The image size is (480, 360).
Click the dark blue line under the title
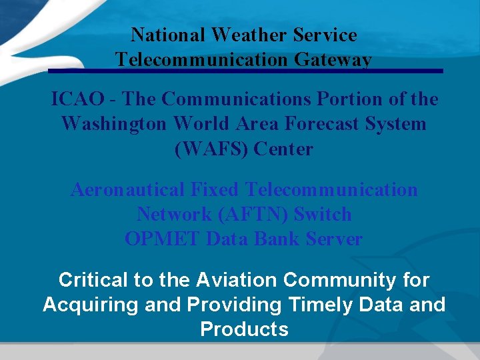[x=245, y=71]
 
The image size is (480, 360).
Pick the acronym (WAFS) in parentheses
[x=212, y=149]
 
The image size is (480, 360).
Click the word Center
[x=284, y=149]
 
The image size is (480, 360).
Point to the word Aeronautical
[x=128, y=190]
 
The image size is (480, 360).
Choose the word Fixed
[x=215, y=190]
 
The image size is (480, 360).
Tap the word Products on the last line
[x=244, y=329]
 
